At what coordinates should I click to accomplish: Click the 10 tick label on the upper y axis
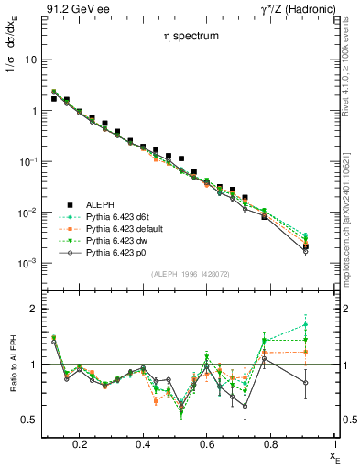click(29, 60)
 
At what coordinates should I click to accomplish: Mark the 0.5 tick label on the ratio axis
click(28, 420)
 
